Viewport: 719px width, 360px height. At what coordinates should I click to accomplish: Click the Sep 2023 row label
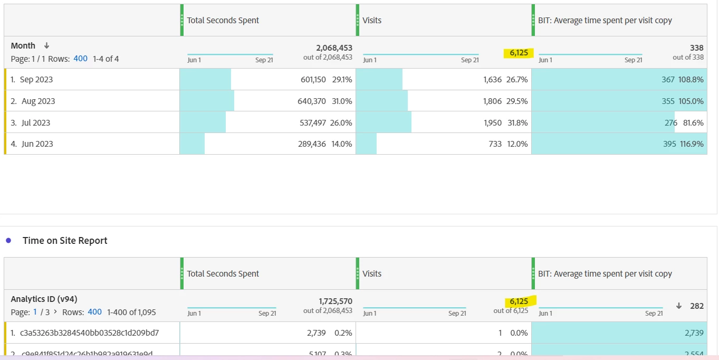click(36, 80)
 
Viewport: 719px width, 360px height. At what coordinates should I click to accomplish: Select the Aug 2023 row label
click(38, 101)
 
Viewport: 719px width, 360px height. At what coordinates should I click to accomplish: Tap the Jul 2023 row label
click(36, 123)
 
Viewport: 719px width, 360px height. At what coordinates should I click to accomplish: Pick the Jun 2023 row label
click(37, 144)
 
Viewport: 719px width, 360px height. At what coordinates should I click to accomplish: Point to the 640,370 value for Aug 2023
click(312, 101)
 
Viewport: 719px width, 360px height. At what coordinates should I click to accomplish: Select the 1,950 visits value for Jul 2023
click(492, 123)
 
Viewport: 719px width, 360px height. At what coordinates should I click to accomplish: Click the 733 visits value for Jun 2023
click(495, 144)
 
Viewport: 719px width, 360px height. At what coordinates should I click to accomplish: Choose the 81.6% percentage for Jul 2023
click(693, 123)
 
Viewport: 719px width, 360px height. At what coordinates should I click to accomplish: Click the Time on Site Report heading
click(65, 241)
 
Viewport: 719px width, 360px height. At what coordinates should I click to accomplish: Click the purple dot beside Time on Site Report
click(8, 241)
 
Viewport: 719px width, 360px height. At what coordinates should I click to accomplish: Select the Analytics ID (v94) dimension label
click(44, 299)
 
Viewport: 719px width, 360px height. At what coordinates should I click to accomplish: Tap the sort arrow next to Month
click(46, 46)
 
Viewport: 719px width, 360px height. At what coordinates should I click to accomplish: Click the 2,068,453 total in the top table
click(334, 48)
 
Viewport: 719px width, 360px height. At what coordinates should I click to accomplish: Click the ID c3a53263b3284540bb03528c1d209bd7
click(89, 333)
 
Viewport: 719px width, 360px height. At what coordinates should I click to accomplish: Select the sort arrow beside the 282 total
click(679, 306)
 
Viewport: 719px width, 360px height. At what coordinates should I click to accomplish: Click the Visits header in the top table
click(372, 21)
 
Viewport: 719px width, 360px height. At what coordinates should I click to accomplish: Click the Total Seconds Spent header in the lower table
click(223, 274)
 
